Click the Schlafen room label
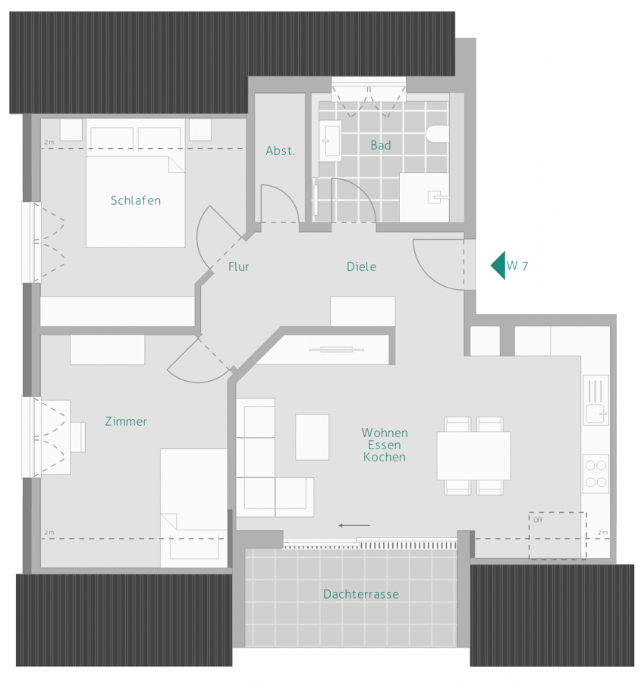pyautogui.click(x=136, y=201)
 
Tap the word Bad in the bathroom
pyautogui.click(x=380, y=146)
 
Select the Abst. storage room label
pyautogui.click(x=280, y=151)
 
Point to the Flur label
pyautogui.click(x=238, y=266)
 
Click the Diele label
pyautogui.click(x=361, y=266)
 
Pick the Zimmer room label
pyautogui.click(x=126, y=421)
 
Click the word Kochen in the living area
pyautogui.click(x=385, y=458)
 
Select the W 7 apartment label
pyautogui.click(x=517, y=266)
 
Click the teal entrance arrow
pyautogui.click(x=498, y=265)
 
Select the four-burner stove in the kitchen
pyautogui.click(x=595, y=473)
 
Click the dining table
pyautogui.click(x=473, y=455)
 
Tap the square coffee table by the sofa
pyautogui.click(x=312, y=436)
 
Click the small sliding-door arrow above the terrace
pyautogui.click(x=354, y=524)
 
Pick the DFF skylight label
pyautogui.click(x=537, y=520)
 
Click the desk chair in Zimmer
pyautogui.click(x=78, y=437)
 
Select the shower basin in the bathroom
pyautogui.click(x=424, y=196)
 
